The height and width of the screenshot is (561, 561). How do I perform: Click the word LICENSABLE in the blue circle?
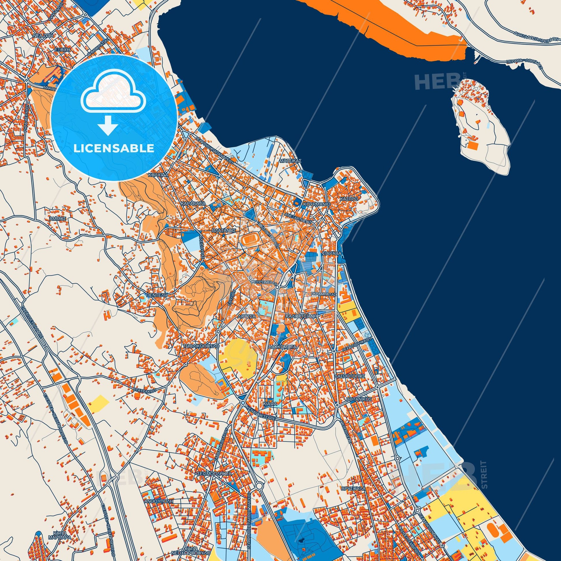click(114, 148)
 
